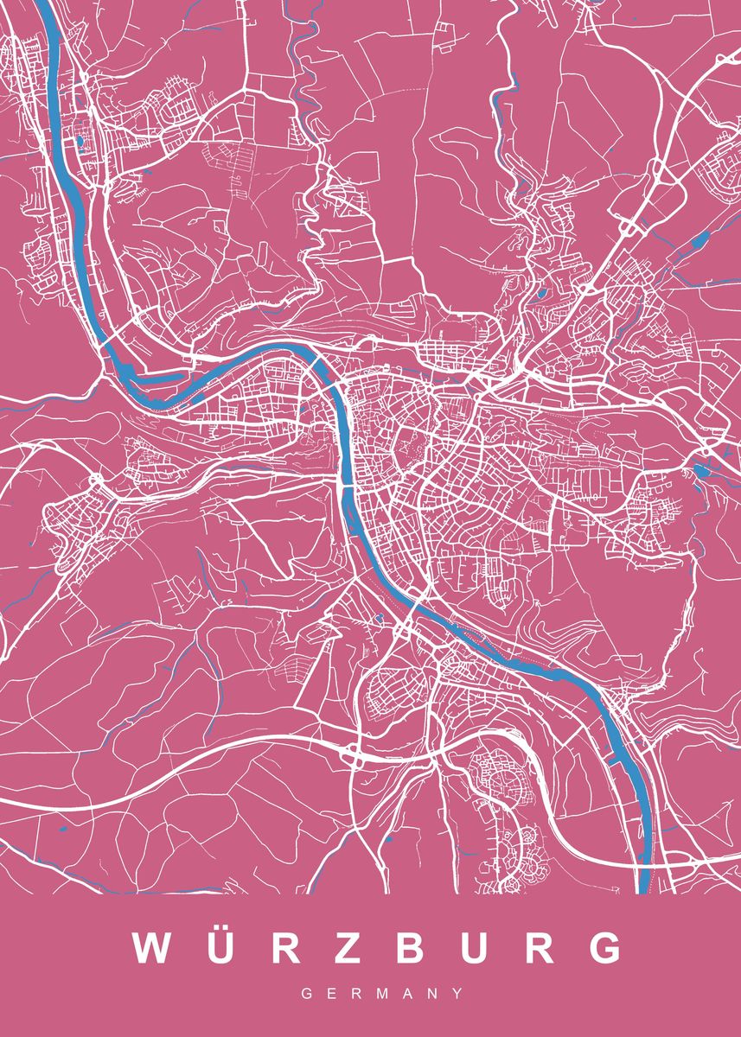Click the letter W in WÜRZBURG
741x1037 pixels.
pyautogui.click(x=152, y=949)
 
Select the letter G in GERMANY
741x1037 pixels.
pyautogui.click(x=306, y=995)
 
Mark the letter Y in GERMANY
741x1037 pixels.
pyautogui.click(x=457, y=995)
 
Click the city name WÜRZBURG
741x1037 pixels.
pyautogui.click(x=378, y=949)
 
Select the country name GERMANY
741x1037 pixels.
pyautogui.click(x=381, y=995)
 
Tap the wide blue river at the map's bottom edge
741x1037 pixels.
pyautogui.click(x=643, y=881)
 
